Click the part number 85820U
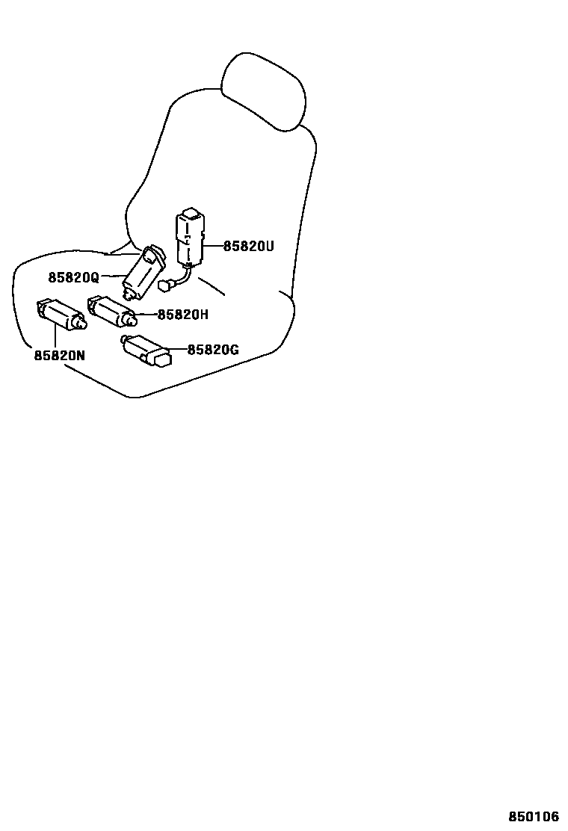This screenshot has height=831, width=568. [x=249, y=245]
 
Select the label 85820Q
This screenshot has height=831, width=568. [x=73, y=277]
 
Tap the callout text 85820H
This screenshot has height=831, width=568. [x=182, y=315]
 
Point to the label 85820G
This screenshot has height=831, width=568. [x=213, y=349]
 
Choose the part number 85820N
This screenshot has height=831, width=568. [x=59, y=356]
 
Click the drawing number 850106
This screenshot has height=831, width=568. [x=534, y=817]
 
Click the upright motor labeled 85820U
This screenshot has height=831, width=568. [x=191, y=239]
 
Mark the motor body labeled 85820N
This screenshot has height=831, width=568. [x=60, y=312]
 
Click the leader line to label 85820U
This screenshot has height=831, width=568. [x=213, y=245]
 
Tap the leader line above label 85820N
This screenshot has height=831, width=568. [x=55, y=337]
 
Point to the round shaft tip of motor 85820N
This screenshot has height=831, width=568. [x=80, y=325]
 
